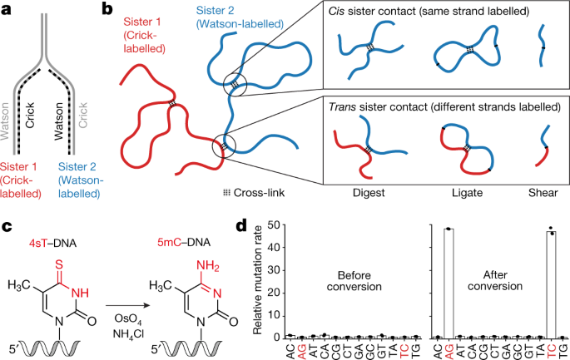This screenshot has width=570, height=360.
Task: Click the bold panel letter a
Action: [x=7, y=9]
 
